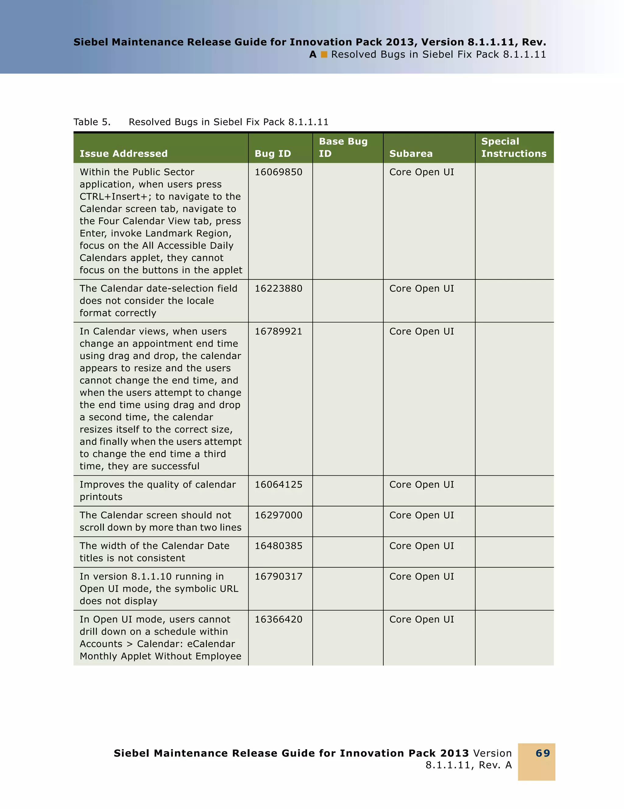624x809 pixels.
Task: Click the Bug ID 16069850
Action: click(x=278, y=172)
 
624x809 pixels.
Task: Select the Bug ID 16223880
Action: click(x=278, y=289)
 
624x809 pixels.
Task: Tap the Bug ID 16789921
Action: click(x=278, y=332)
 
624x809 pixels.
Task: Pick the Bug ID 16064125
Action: click(x=278, y=484)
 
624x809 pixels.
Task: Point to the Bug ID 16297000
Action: click(x=278, y=515)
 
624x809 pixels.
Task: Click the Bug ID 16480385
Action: click(x=278, y=546)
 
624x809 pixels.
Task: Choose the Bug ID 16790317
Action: click(x=278, y=577)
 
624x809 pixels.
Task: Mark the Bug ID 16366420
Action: click(x=278, y=619)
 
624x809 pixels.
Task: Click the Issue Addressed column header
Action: click(x=123, y=154)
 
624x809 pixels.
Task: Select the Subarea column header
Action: click(x=411, y=154)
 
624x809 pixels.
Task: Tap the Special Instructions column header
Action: click(x=513, y=147)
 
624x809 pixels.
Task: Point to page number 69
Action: click(x=543, y=753)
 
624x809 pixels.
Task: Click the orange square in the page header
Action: click(x=324, y=55)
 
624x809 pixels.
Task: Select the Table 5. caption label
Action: click(x=92, y=122)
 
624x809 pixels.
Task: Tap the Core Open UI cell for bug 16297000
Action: click(x=421, y=515)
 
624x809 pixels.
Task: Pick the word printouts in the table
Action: click(x=101, y=497)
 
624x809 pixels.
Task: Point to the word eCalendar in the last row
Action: click(x=211, y=644)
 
